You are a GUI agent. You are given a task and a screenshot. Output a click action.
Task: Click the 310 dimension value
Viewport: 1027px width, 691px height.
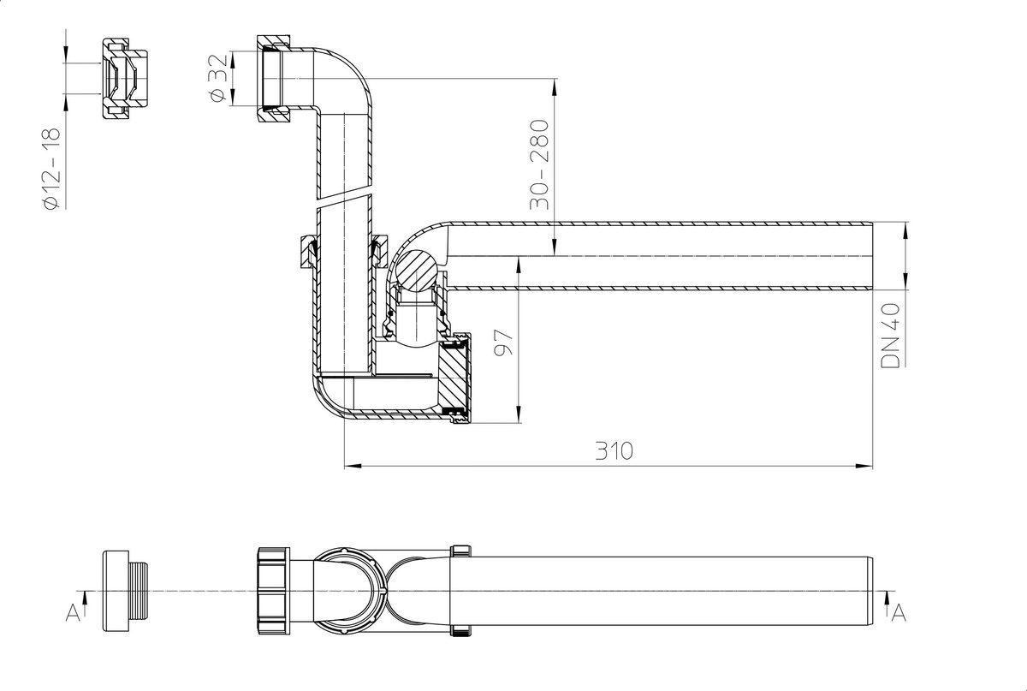tap(614, 450)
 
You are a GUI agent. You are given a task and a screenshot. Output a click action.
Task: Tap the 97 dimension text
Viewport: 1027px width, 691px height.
tap(504, 342)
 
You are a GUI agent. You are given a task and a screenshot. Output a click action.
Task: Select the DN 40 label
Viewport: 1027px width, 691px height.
tap(890, 335)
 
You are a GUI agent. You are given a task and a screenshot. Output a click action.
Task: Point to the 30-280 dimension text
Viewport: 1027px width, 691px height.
tap(539, 164)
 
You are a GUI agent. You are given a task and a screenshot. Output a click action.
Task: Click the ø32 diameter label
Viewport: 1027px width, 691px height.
tap(217, 78)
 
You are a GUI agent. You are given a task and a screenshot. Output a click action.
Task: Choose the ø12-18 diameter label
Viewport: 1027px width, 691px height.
tap(52, 169)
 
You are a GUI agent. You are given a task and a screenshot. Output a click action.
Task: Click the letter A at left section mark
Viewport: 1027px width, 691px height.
tap(73, 612)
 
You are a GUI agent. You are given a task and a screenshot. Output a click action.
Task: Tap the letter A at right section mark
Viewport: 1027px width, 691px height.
tap(899, 612)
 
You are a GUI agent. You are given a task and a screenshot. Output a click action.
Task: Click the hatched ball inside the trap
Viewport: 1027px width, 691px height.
tap(417, 271)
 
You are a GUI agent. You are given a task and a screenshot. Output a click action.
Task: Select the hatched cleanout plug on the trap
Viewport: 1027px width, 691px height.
tap(454, 376)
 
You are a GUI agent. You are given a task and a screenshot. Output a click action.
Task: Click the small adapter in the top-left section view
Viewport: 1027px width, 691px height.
tap(124, 79)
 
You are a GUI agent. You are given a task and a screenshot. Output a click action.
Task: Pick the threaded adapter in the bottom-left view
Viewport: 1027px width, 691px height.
tap(125, 592)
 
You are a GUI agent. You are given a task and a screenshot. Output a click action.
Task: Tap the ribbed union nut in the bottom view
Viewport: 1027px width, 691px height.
tap(274, 591)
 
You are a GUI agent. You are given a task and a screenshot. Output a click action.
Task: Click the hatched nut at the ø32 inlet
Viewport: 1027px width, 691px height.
tap(273, 79)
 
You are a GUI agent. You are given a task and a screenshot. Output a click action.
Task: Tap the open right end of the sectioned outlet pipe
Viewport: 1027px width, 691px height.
tap(871, 256)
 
